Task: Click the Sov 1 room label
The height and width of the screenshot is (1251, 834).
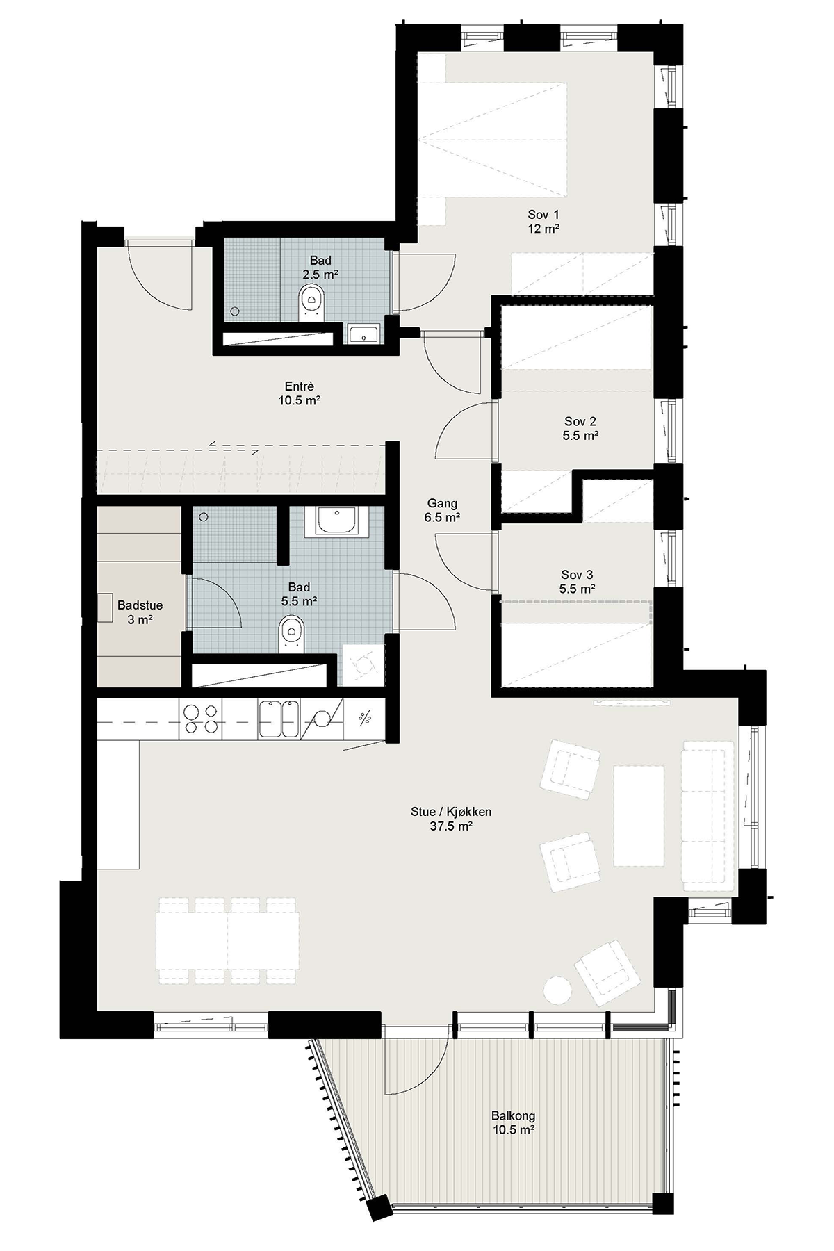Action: [543, 214]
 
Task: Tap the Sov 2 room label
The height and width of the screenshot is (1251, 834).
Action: [580, 421]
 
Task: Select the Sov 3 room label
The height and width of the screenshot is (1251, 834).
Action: [578, 575]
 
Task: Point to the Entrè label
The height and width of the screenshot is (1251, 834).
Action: [300, 386]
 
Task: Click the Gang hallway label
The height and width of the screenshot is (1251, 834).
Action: [443, 504]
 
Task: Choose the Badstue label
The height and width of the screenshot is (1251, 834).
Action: [140, 605]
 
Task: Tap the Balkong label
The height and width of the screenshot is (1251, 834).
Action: [514, 1116]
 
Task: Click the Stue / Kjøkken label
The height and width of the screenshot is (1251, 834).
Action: [452, 812]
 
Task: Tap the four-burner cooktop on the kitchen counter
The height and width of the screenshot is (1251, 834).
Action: [201, 719]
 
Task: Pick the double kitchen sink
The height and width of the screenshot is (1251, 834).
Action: [279, 719]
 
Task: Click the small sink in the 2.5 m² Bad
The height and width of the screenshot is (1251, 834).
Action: [363, 334]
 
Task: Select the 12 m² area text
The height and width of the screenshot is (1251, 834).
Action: [543, 228]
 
